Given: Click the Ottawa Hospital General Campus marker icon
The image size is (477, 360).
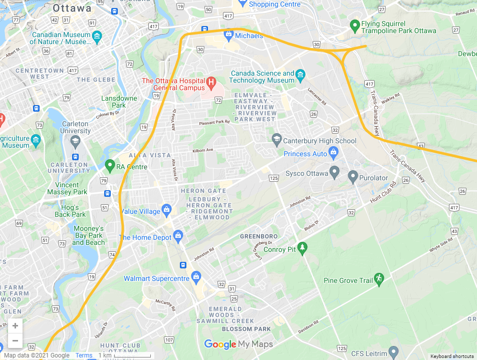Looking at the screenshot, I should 211,81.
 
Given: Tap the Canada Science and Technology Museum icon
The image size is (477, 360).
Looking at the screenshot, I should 301,76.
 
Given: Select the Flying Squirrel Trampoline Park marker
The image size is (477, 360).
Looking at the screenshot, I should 355,25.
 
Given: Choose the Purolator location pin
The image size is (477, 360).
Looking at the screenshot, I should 353,176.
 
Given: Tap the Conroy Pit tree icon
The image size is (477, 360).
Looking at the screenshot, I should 302,248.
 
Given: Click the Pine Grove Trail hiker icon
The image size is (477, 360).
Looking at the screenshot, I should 379,278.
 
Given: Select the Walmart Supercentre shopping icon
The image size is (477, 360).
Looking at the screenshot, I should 196,276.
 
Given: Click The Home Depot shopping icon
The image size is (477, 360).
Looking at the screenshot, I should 178,235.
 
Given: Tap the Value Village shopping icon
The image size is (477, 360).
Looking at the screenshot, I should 167,209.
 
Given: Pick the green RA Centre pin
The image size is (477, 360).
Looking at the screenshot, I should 110,165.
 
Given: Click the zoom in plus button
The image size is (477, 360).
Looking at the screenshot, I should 15,325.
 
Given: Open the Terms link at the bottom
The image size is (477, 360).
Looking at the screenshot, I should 84,355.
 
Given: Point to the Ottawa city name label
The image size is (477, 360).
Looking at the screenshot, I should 72,9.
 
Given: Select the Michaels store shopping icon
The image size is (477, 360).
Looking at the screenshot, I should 229,35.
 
